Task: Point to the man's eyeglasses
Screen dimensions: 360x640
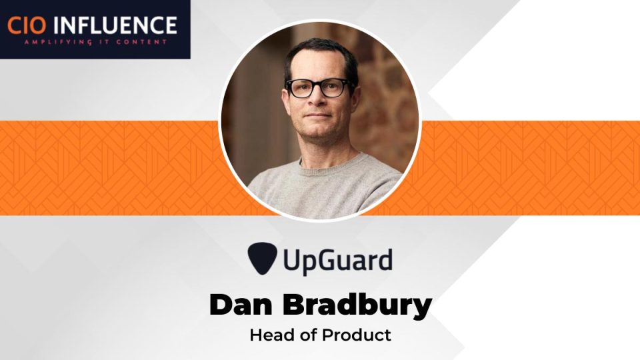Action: coord(317,88)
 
